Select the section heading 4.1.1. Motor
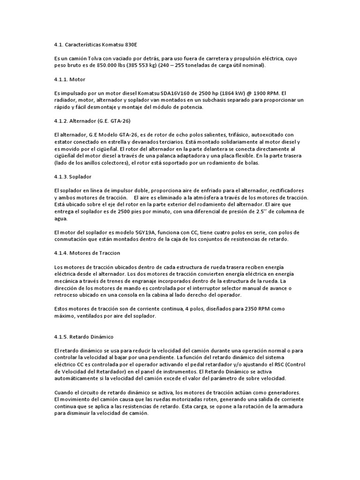69,79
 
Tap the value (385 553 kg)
132,66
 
